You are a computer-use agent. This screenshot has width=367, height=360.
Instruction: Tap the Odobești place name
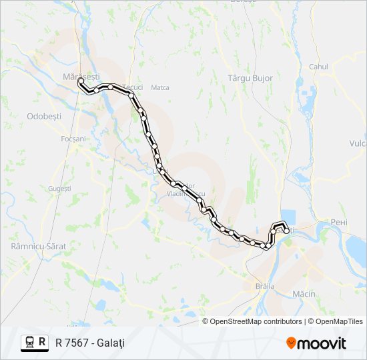click(x=44, y=115)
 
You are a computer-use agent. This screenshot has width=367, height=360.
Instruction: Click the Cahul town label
click(x=318, y=67)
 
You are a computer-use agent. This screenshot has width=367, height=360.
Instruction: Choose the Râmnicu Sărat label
click(x=39, y=246)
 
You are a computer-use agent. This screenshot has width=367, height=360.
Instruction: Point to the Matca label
click(x=160, y=87)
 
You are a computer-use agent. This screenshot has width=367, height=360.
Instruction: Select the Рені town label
click(x=340, y=222)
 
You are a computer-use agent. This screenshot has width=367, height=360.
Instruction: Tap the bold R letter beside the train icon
click(x=43, y=342)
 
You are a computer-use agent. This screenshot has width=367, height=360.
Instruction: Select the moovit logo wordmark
click(x=322, y=343)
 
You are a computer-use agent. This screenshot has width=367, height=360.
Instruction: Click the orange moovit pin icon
click(x=291, y=343)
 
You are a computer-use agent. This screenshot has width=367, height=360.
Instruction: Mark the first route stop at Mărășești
click(x=81, y=81)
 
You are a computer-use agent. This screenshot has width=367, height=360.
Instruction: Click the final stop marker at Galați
click(x=286, y=231)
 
